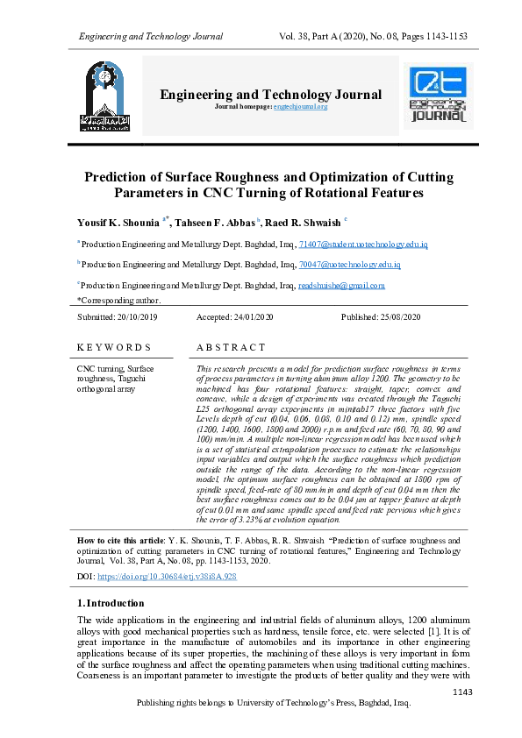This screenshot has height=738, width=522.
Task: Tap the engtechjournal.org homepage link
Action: point(300,106)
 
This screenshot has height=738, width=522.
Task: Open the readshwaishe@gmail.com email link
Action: point(317,285)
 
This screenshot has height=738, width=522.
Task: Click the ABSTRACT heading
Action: point(231,348)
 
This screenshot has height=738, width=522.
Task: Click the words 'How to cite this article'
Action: point(132,541)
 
